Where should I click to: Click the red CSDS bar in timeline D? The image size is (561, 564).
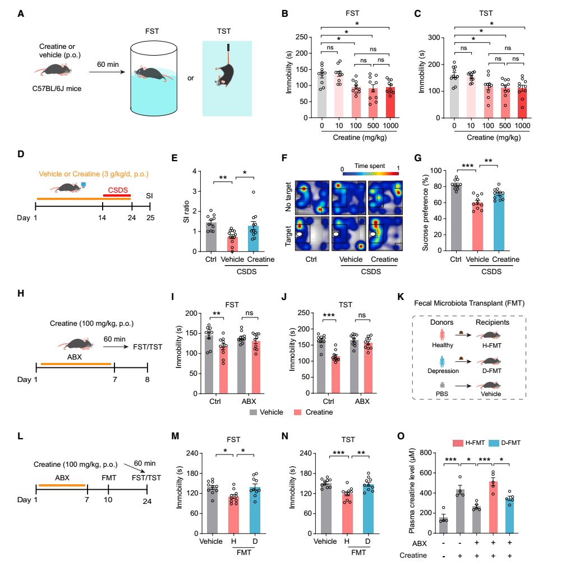(117, 195)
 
